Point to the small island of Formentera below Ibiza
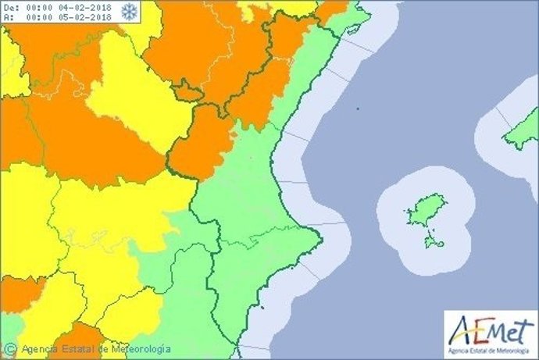433,242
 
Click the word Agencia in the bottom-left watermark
38,349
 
